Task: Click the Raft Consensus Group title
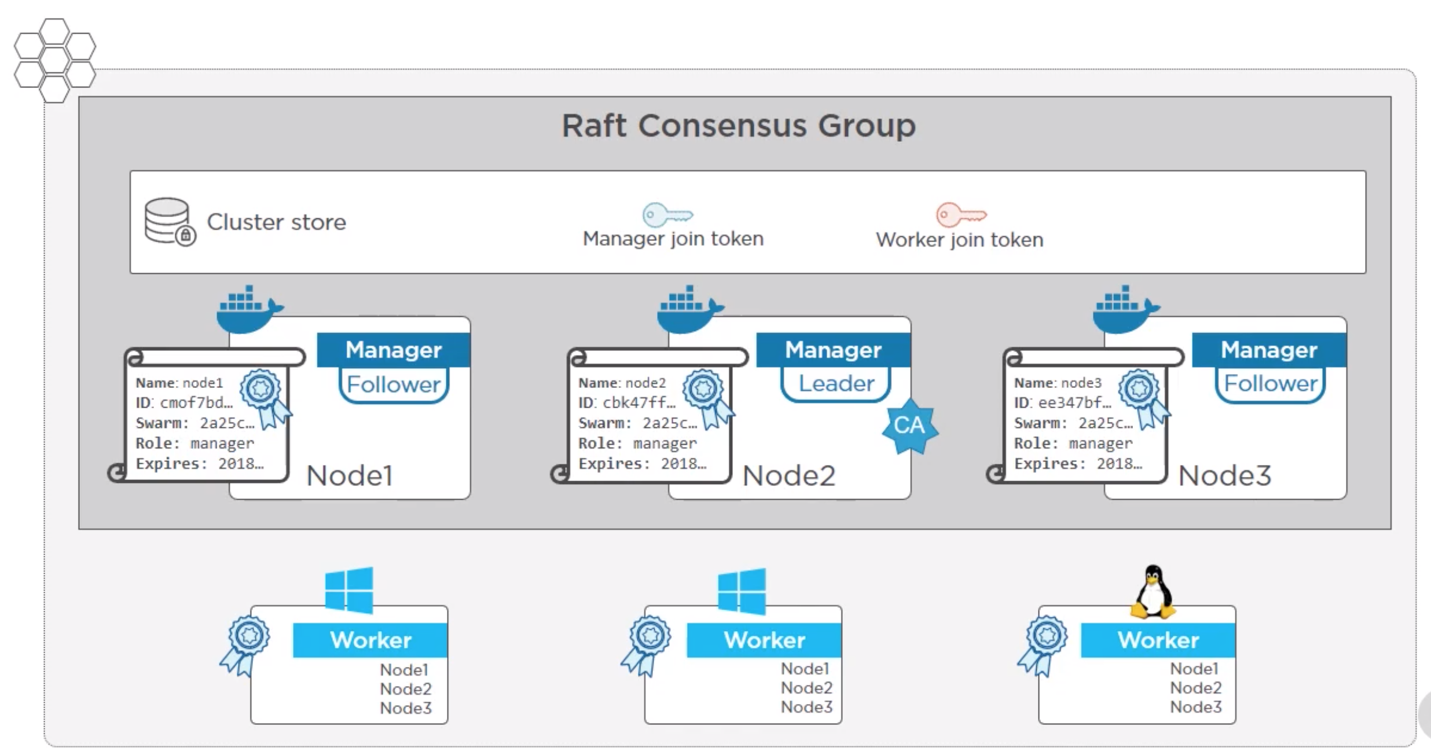point(739,126)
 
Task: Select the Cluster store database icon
point(168,222)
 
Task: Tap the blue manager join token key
point(667,215)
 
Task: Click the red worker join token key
point(960,215)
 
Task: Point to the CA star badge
point(909,426)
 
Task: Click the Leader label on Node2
point(836,384)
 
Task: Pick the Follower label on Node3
point(1270,384)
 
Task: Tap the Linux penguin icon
point(1153,592)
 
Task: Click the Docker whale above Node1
point(248,309)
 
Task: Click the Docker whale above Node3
point(1125,309)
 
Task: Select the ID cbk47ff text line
point(626,403)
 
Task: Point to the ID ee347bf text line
point(1062,403)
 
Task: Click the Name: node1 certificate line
point(179,383)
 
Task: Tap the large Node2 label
point(788,476)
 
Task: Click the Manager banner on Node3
point(1269,350)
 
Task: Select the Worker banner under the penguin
point(1158,640)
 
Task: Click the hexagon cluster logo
point(54,60)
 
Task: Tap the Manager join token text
point(673,239)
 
